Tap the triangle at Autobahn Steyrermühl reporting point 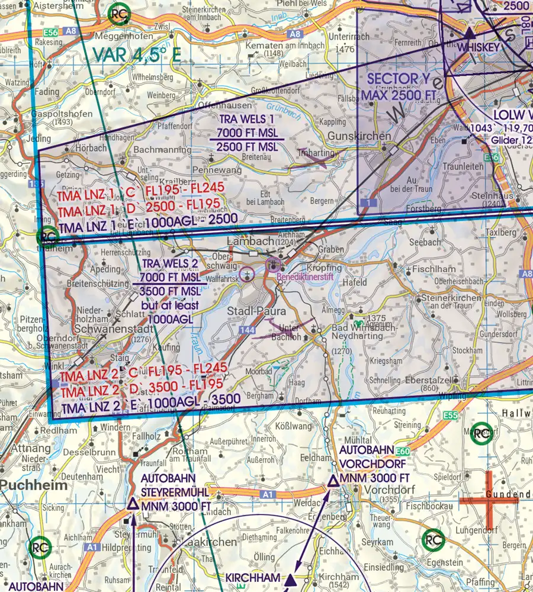pyautogui.click(x=133, y=504)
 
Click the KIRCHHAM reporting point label pyautogui.click(x=253, y=578)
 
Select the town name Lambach pyautogui.click(x=249, y=241)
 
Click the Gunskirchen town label pyautogui.click(x=359, y=136)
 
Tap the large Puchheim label pyautogui.click(x=33, y=484)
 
